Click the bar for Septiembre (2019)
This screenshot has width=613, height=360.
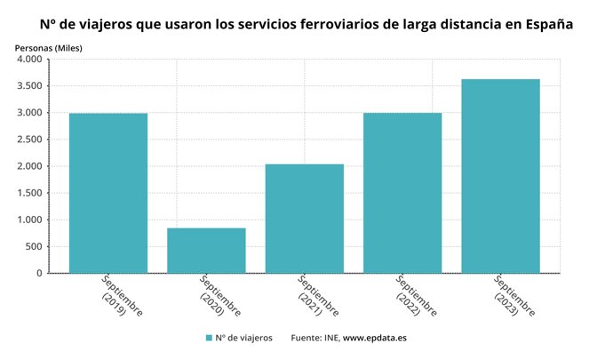108,193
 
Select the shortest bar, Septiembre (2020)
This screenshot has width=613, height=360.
206,251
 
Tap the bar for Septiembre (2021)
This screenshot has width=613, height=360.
304,219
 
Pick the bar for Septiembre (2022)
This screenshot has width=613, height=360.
402,193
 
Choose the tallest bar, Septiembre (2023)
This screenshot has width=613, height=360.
501,176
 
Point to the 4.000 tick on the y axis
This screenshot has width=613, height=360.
29,60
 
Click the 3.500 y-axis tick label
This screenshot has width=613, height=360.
29,86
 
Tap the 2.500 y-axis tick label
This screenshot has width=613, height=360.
29,140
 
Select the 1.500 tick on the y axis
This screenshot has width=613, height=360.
29,193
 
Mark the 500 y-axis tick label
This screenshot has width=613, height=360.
34,246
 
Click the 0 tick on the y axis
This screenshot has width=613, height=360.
39,273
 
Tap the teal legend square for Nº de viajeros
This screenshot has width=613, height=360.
209,338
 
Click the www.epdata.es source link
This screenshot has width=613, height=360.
375,338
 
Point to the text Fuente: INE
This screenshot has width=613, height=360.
314,338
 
